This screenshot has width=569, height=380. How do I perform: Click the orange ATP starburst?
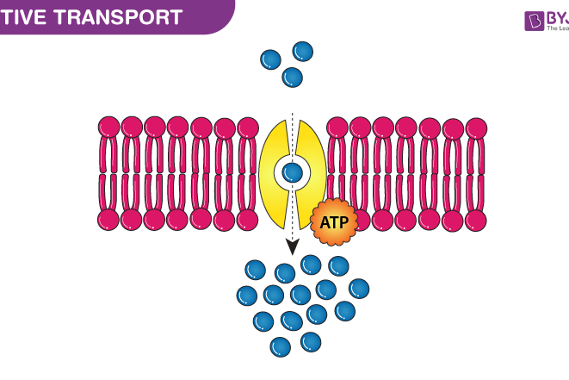[x=333, y=222]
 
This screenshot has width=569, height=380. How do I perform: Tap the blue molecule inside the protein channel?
[x=293, y=173]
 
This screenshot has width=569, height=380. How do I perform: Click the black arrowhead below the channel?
[x=293, y=246]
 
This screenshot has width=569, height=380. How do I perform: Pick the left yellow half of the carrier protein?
[x=274, y=172]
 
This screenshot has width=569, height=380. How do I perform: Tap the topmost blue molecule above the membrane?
[x=303, y=51]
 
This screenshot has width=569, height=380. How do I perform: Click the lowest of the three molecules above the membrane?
[x=293, y=78]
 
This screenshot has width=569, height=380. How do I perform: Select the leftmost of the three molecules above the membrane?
[x=270, y=59]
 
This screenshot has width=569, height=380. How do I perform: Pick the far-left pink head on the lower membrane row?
[x=109, y=219]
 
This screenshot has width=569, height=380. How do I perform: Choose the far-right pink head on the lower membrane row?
[x=476, y=219]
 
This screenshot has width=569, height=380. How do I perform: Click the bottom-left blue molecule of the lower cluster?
[x=281, y=347]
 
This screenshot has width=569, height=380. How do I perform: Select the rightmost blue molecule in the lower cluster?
[x=359, y=288]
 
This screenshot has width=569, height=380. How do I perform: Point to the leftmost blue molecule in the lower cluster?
[x=247, y=296]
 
